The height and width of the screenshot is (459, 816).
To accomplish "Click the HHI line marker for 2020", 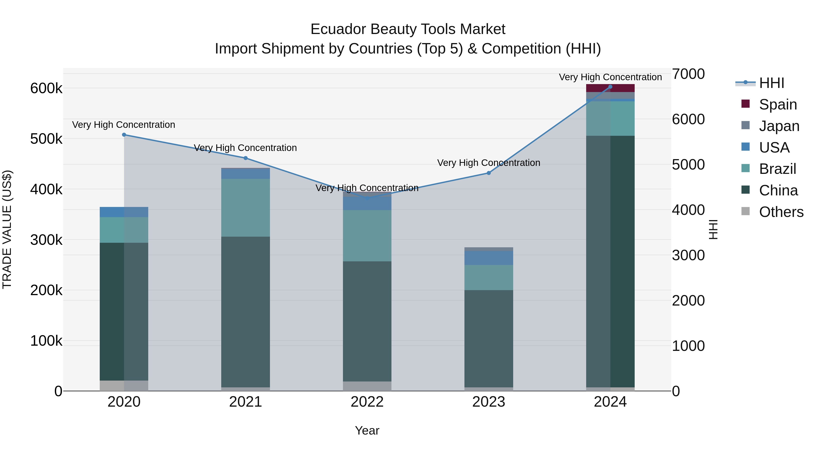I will pos(124,135).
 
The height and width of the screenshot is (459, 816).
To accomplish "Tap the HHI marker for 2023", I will pos(488,173).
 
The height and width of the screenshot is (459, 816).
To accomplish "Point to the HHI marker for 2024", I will pos(610,87).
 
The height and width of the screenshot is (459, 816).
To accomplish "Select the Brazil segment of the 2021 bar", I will pos(245,207).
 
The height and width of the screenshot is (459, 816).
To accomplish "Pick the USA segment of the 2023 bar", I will pos(488,258).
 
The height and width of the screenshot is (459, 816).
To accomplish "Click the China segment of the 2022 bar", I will pos(367,321).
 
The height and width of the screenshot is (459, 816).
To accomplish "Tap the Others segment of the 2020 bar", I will pos(124,386).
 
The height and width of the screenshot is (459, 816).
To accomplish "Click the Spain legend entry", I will pos(778,104).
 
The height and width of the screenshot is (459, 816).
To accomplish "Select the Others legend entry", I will pos(781,212).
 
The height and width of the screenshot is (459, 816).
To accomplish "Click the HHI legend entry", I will pos(771,83).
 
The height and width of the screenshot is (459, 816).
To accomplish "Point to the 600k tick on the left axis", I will pos(46,88).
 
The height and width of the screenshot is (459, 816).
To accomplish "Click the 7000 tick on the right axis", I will pos(688,74).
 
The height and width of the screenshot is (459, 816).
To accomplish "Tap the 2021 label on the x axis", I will pos(245,402).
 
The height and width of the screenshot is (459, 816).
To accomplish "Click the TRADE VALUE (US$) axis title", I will pos(7,229).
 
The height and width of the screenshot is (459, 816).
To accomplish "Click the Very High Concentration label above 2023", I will pos(488,163).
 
